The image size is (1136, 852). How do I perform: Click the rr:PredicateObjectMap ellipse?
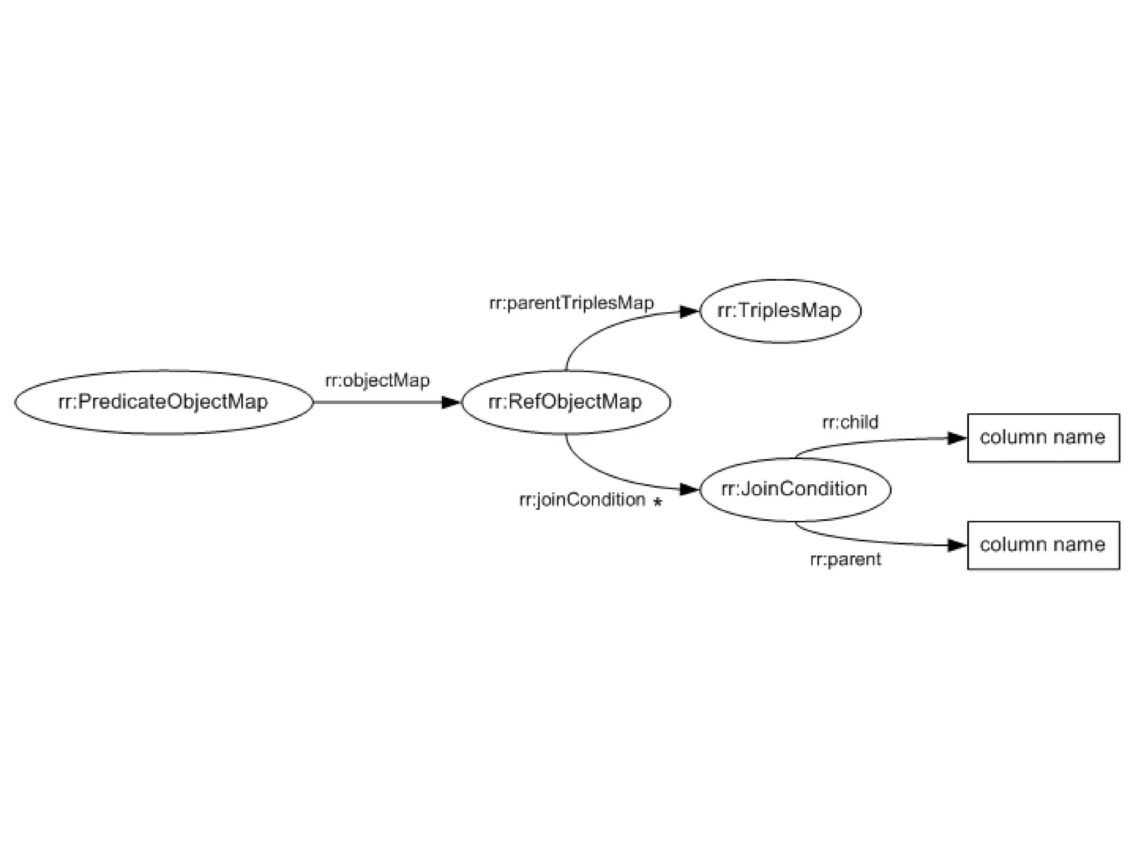(164, 402)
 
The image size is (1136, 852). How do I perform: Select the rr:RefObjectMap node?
(566, 402)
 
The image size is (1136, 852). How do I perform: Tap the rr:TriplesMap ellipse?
(780, 311)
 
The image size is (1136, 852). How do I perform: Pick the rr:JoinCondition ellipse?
(795, 489)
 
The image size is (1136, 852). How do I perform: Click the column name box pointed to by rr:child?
(1043, 438)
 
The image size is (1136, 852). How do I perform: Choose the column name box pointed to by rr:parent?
(1043, 545)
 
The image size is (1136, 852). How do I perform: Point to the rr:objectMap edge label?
(377, 381)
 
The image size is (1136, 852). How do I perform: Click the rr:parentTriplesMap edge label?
(571, 303)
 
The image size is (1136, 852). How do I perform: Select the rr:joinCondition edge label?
(582, 500)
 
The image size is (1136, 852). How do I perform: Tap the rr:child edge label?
(850, 423)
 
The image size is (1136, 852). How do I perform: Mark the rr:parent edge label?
(845, 560)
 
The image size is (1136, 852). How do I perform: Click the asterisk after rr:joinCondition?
(657, 503)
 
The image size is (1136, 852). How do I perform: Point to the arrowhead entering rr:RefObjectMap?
(450, 402)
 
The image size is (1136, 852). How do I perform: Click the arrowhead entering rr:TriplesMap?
(689, 312)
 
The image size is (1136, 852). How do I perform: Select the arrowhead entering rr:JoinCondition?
(689, 489)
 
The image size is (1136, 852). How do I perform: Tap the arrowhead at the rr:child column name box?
(957, 438)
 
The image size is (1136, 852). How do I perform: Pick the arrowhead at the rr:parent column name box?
(957, 545)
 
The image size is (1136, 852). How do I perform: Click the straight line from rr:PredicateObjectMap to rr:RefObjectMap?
(377, 402)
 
